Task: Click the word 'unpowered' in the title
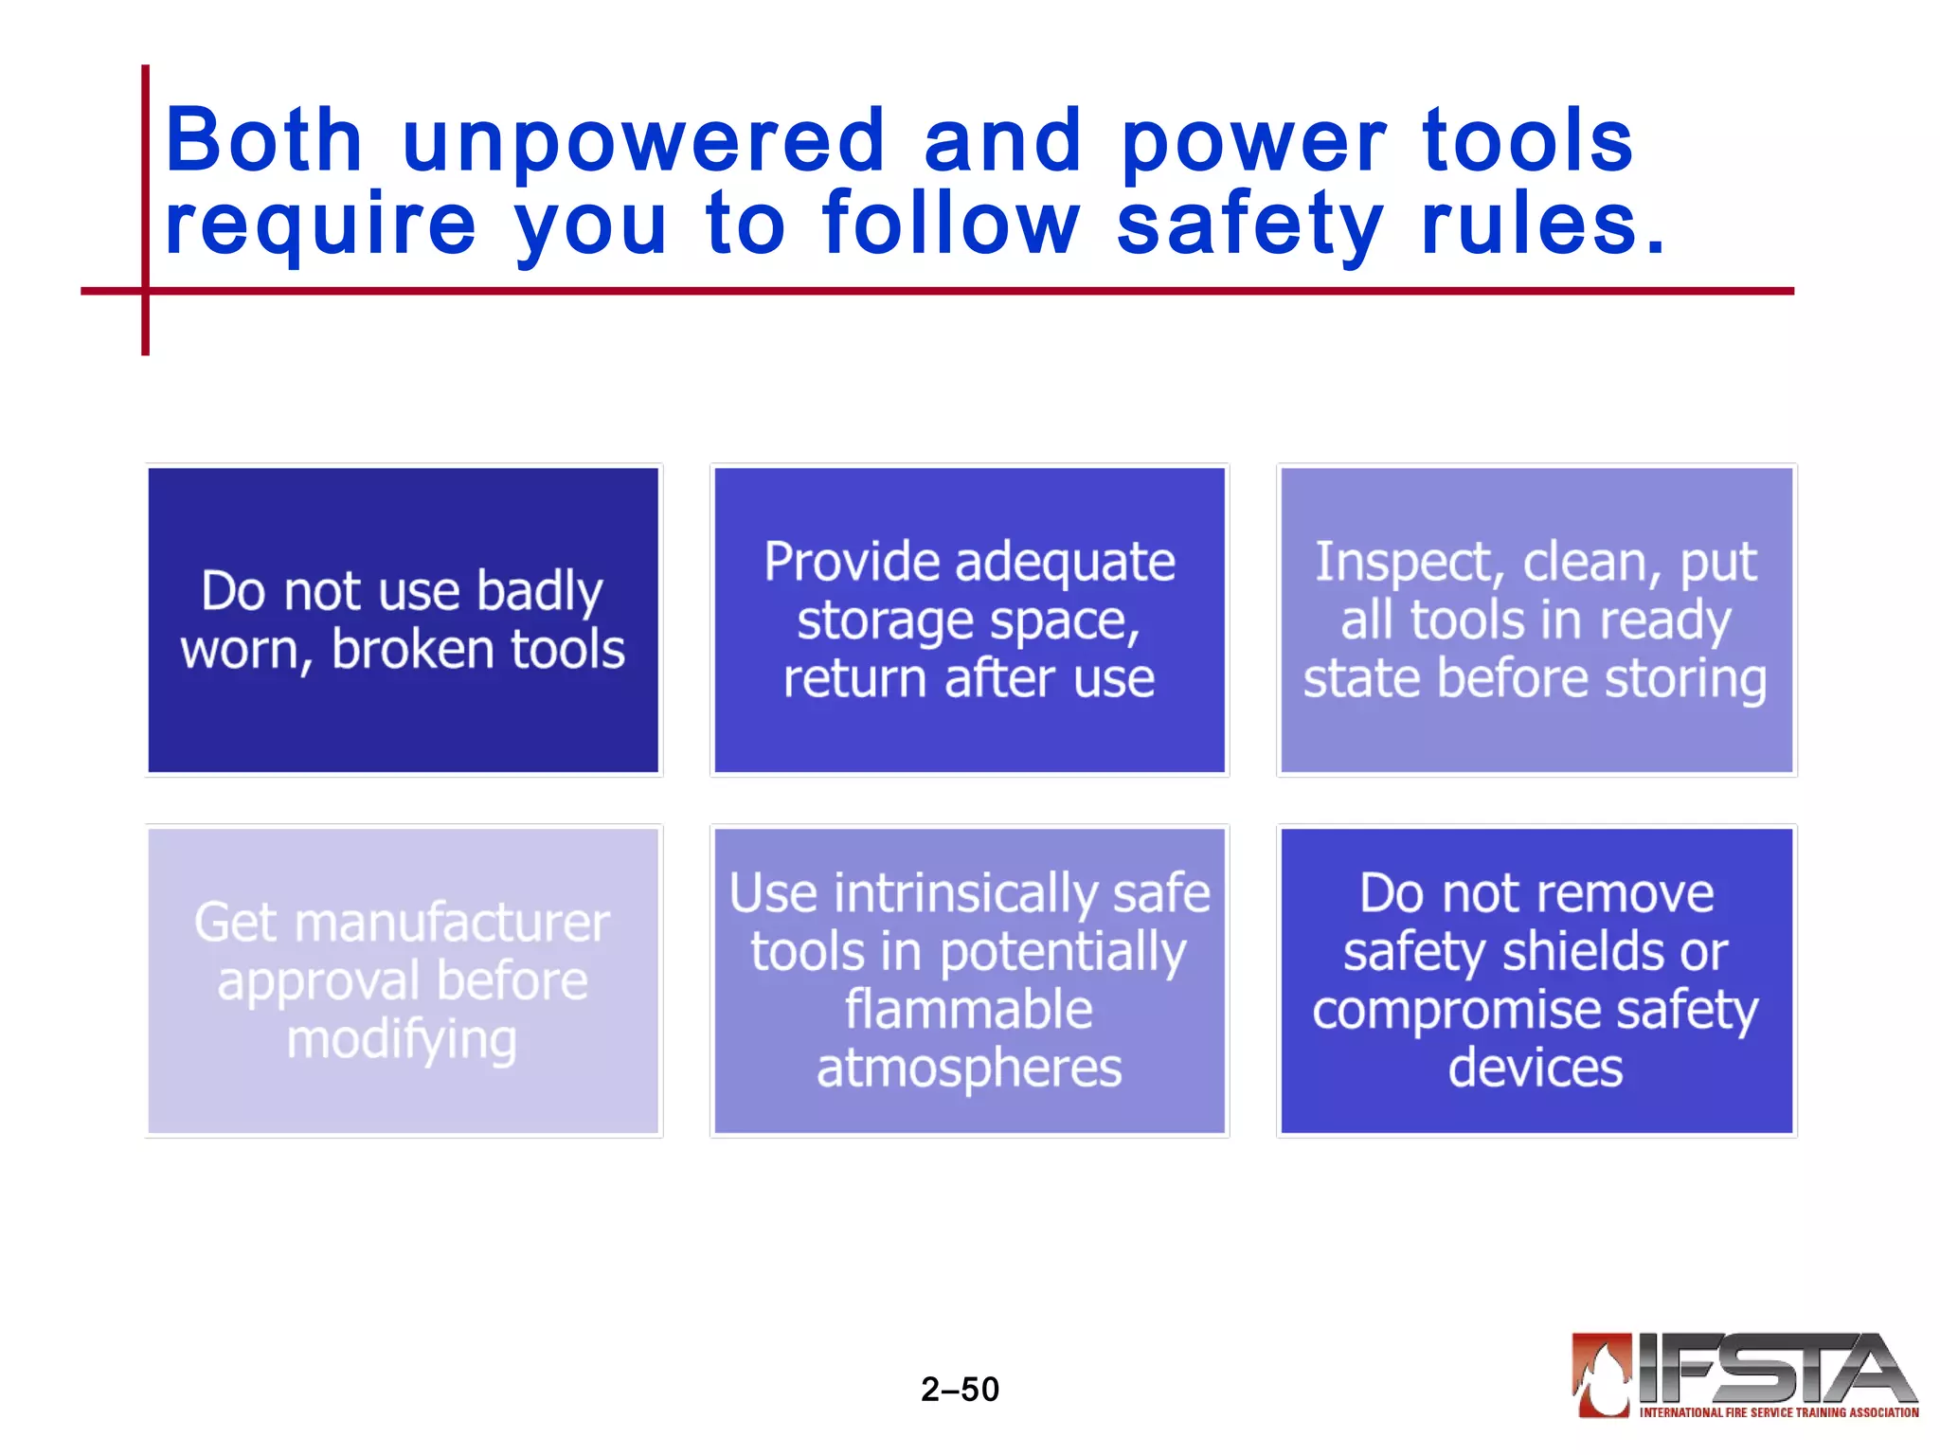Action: coord(644,142)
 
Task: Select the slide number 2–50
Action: coord(960,1389)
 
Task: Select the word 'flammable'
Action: coord(968,1010)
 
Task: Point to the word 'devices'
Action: coord(1536,1068)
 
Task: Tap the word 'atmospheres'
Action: coord(969,1069)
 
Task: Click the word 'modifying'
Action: coord(402,1040)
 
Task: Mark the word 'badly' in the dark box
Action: coord(539,592)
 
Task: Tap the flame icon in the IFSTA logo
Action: coord(1602,1375)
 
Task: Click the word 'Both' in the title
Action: coord(263,142)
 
